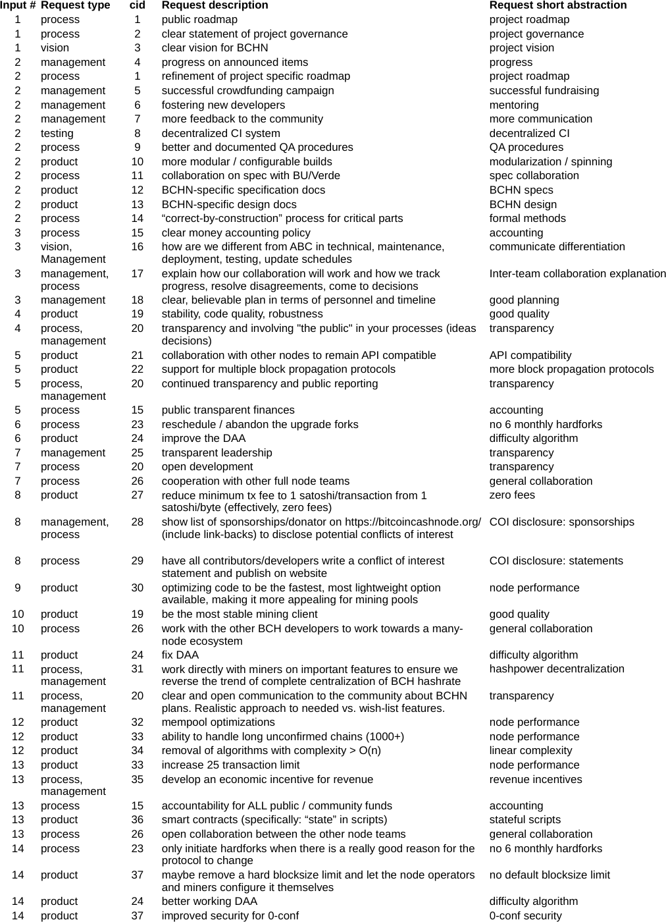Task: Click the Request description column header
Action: tap(215, 5)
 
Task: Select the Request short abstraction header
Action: tap(557, 5)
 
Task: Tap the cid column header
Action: tap(137, 5)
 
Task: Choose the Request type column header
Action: tap(75, 5)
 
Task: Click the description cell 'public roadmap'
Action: tap(199, 20)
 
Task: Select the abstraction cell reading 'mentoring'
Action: tap(513, 105)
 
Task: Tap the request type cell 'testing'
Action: tap(57, 133)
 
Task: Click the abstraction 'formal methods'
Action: tap(527, 218)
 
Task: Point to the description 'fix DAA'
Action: tap(180, 655)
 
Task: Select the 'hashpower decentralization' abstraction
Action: tap(557, 668)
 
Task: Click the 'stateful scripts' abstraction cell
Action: tap(525, 819)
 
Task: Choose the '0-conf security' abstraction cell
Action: tap(525, 915)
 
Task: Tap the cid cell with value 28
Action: tap(137, 522)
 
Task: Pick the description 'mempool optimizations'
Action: tap(218, 722)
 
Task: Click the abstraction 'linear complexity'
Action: tap(530, 750)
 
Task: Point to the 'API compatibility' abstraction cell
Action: tap(530, 355)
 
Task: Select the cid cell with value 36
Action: tap(137, 819)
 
